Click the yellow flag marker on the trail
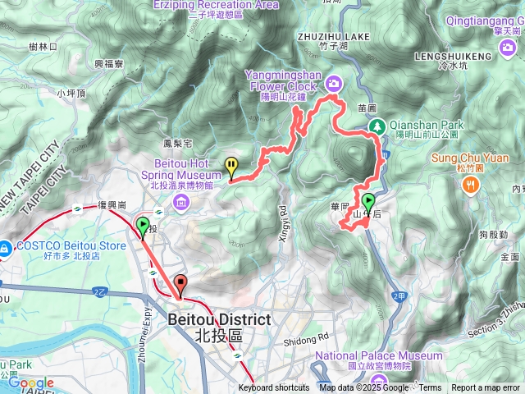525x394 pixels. [x=232, y=167]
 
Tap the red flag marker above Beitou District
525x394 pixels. [x=180, y=285]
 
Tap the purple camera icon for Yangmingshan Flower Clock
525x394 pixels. [x=334, y=82]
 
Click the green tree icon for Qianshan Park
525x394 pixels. [x=377, y=126]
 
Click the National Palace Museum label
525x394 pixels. [x=379, y=355]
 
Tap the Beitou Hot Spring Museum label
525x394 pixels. [x=188, y=168]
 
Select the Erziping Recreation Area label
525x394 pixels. [x=215, y=4]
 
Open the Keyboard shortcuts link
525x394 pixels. [x=274, y=388]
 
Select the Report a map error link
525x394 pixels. [x=486, y=388]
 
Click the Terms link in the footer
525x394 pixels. [x=430, y=388]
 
